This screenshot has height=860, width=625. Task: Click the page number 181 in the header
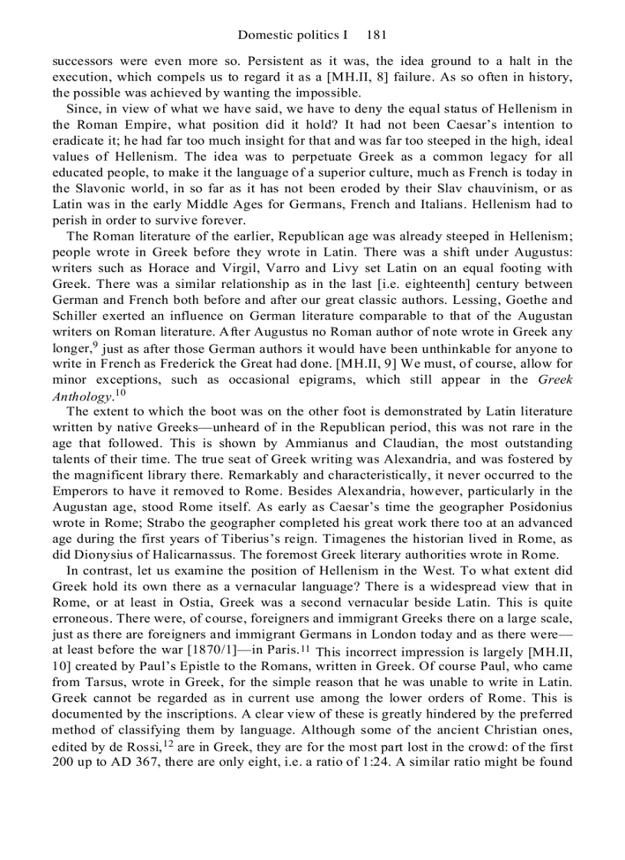(379, 34)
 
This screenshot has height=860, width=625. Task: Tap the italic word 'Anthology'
(78, 397)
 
